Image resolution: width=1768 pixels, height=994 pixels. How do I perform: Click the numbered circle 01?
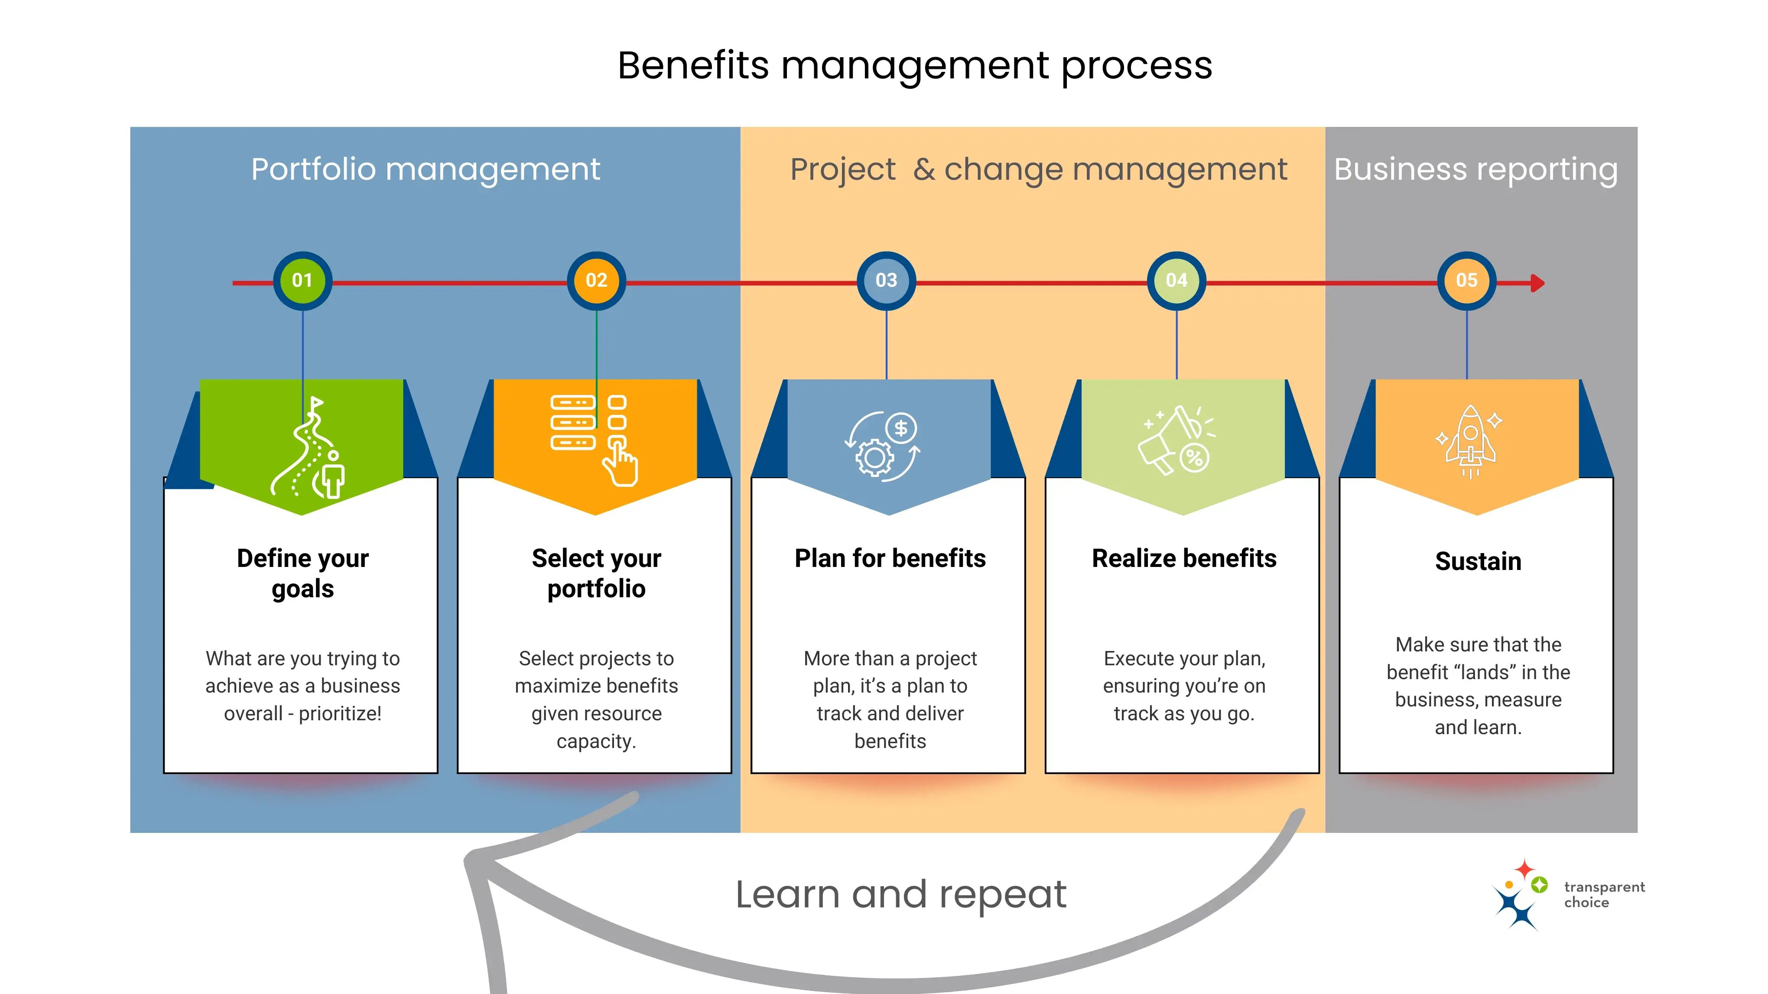302,281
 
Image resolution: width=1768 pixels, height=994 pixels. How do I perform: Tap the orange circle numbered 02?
596,281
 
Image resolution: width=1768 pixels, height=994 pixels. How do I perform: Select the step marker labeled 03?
886,281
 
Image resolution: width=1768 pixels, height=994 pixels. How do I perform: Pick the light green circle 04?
1176,281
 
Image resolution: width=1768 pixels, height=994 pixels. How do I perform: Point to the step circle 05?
1467,281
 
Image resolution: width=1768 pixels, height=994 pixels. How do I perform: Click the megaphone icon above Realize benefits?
1175,440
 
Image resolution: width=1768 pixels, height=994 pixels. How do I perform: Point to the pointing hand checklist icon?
595,440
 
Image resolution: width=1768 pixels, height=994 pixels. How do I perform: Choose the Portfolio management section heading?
426,169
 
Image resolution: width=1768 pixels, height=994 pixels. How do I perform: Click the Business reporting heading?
1475,169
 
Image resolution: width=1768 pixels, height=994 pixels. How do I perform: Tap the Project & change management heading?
1038,169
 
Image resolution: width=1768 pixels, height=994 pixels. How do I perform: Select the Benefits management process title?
915,66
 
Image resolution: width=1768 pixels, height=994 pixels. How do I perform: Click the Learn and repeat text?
900,894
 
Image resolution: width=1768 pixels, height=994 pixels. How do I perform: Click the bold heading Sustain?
1478,561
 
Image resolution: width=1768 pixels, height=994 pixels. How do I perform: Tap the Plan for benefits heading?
890,558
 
